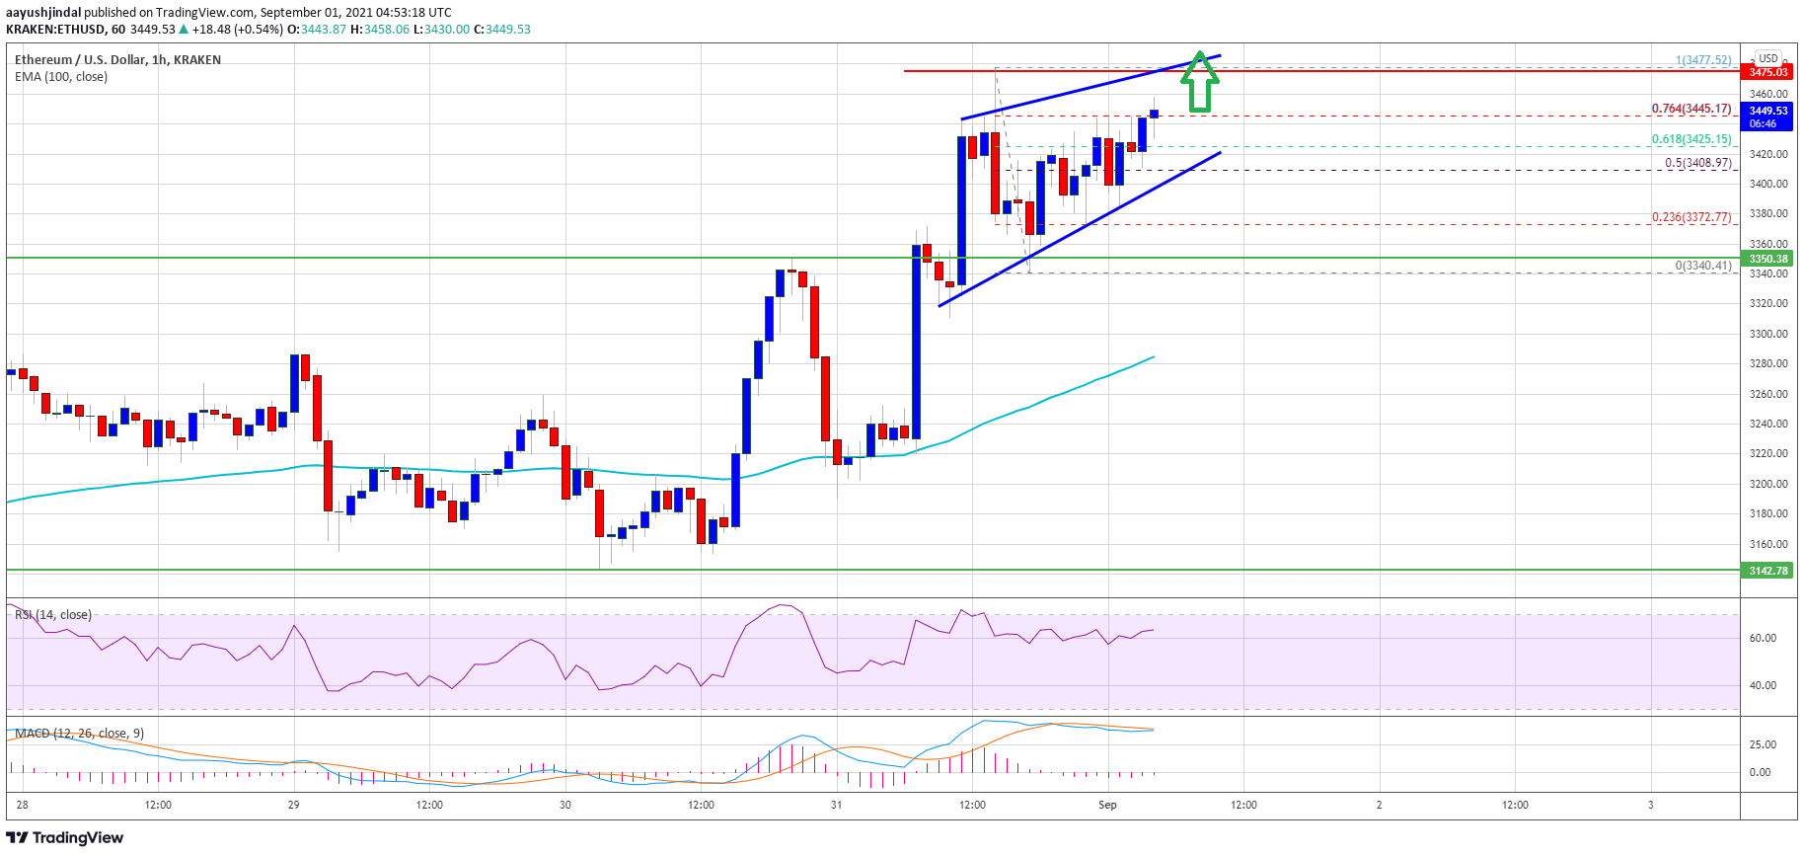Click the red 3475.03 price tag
pos(1768,72)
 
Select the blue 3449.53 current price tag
pos(1768,117)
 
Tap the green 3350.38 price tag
pos(1768,259)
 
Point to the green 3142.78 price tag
pos(1768,571)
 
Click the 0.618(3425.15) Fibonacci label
pos(1691,139)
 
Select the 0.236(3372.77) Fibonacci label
pos(1691,217)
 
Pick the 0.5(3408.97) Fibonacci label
pos(1697,163)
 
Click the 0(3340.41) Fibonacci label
pos(1702,265)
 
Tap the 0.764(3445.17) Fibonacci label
pos(1691,109)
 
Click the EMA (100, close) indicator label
pos(61,76)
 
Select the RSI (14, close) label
pos(53,614)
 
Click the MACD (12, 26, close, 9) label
pos(79,733)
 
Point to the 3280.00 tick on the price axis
pos(1768,363)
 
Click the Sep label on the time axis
pos(1107,805)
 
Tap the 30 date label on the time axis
pos(564,805)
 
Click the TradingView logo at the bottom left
pos(65,837)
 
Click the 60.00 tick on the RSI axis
pos(1763,638)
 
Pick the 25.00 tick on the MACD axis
pos(1763,744)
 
